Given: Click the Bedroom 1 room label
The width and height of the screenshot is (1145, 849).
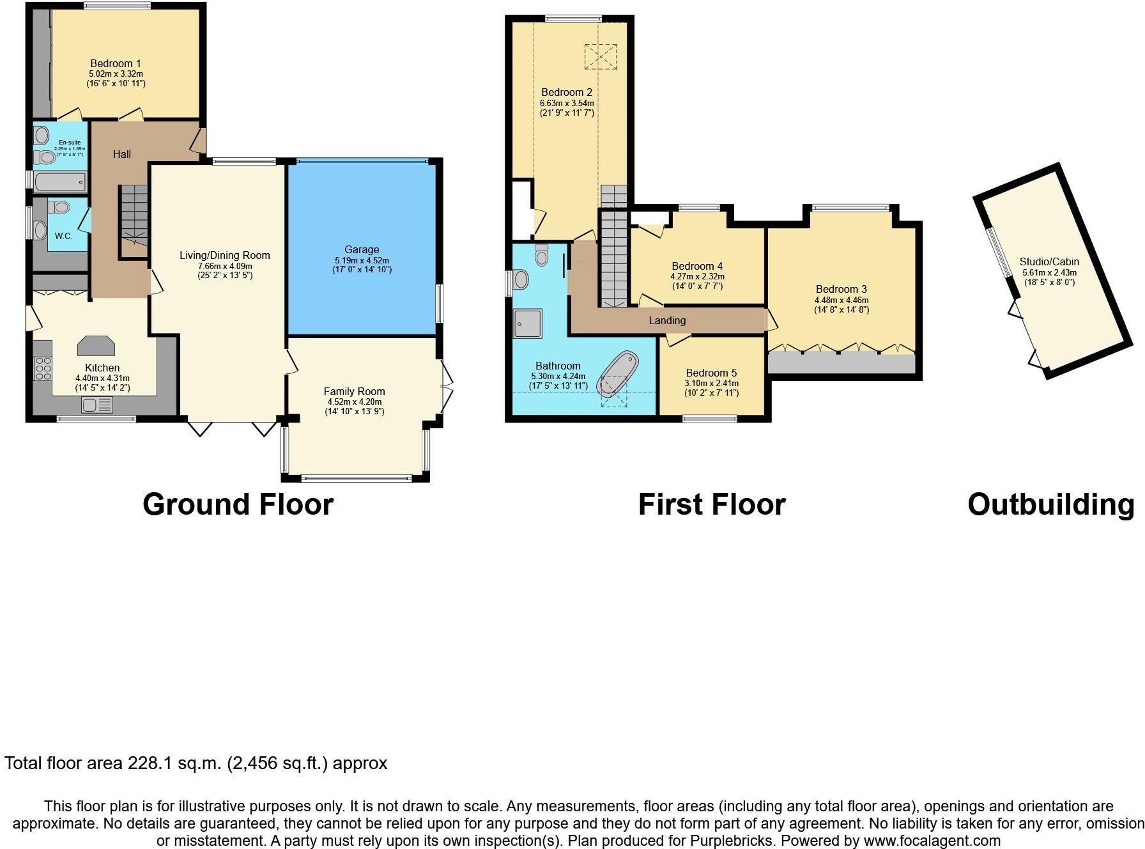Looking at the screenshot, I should (116, 63).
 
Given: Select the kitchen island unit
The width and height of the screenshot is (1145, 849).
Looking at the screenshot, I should (96, 346).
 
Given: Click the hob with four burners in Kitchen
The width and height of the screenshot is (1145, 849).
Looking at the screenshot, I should (43, 369).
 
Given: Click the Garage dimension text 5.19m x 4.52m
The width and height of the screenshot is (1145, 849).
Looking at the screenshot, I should (362, 260).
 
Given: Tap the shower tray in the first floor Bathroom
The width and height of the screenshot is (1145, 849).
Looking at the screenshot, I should (527, 323).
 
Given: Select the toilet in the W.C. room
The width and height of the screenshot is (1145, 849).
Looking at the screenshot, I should (60, 207).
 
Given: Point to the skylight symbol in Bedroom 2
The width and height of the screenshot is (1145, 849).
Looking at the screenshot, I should (601, 56).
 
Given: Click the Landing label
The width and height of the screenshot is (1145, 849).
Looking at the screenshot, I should (667, 320).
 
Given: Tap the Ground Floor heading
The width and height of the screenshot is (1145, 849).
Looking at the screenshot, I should (238, 504).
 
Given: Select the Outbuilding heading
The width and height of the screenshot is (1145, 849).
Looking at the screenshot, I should (1050, 504).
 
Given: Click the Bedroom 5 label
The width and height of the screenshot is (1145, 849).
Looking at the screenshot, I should (711, 373).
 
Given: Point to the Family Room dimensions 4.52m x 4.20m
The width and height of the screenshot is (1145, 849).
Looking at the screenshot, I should (354, 401).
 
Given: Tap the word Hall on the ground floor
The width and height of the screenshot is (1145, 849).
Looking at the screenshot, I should (122, 154).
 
